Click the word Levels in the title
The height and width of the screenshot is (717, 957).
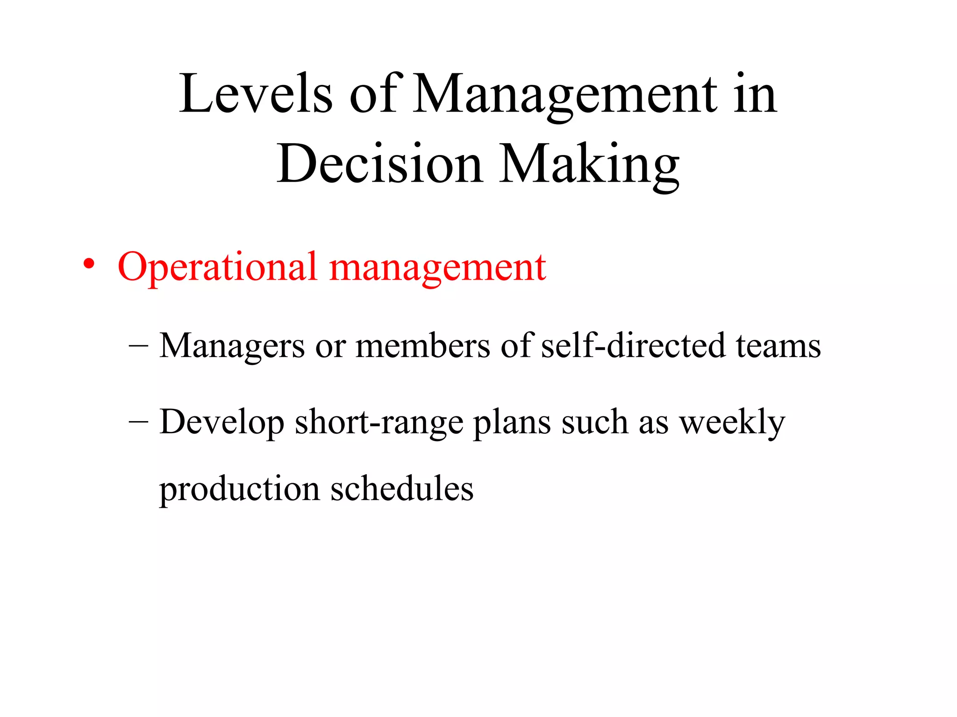(x=256, y=94)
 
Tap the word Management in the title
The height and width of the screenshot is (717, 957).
(x=565, y=94)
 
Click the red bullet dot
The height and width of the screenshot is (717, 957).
(x=89, y=264)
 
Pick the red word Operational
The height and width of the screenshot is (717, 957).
(x=217, y=267)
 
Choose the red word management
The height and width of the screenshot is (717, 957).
(x=437, y=267)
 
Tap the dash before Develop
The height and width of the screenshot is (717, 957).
(x=138, y=422)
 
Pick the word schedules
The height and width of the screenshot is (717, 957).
(x=402, y=488)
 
